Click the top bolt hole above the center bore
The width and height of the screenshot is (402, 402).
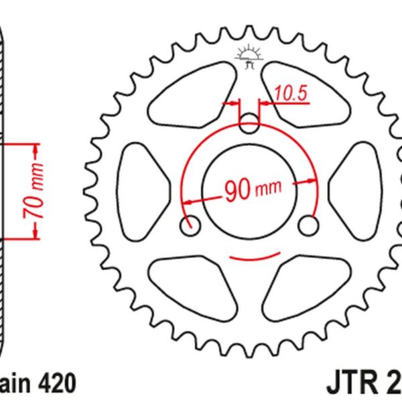pos(249,122)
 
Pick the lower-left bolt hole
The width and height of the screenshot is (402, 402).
pos(190,225)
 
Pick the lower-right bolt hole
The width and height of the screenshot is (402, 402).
pos(308,225)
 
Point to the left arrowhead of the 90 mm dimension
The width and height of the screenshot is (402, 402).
pos(187,200)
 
